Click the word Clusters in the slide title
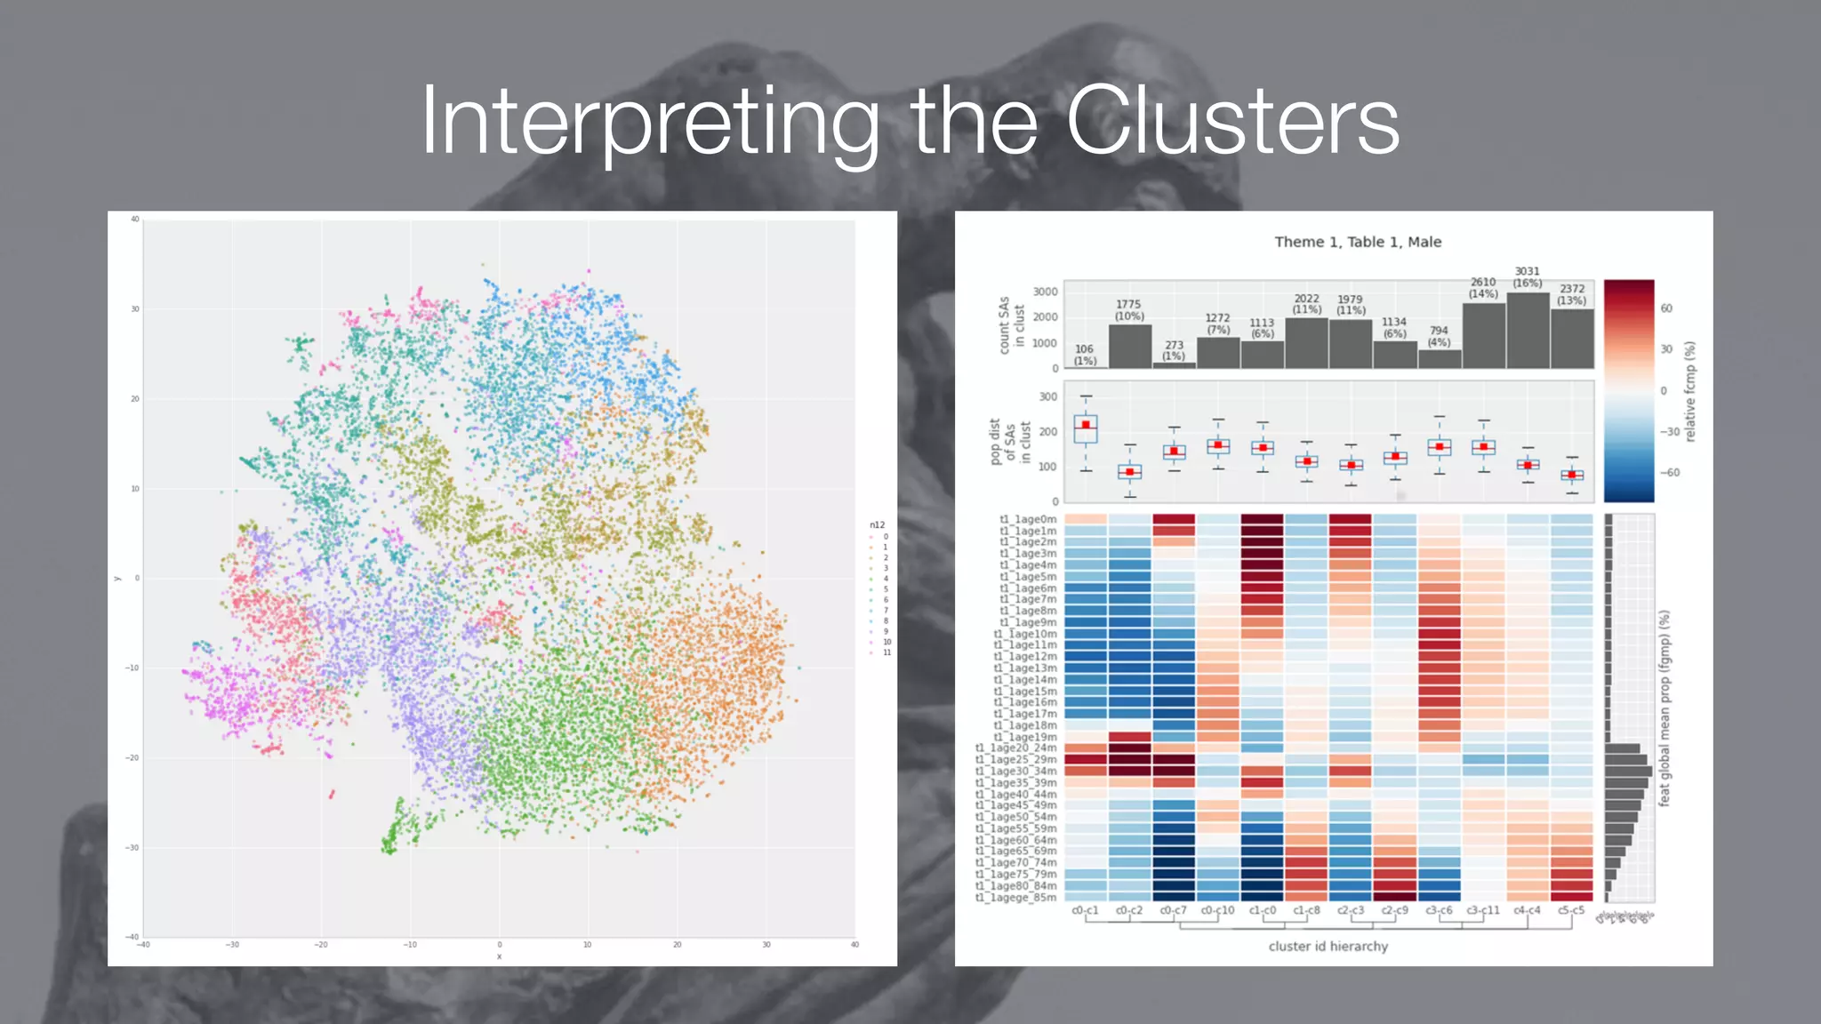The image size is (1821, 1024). pos(1232,121)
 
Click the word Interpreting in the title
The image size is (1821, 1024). pos(649,123)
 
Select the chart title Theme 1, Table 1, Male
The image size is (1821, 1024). pos(1358,242)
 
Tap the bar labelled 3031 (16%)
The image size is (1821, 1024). pos(1528,331)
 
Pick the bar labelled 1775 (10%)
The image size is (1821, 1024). pos(1130,347)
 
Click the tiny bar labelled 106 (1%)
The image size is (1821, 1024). pos(1086,366)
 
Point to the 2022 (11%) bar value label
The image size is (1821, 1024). pos(1306,304)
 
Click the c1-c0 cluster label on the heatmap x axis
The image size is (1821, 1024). pos(1262,910)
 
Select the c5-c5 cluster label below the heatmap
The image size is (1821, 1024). pos(1571,910)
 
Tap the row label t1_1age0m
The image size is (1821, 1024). pos(1028,519)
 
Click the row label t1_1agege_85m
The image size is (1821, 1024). pos(1016,898)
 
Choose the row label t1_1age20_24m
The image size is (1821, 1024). pos(1016,748)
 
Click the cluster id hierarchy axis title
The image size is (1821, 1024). pos(1328,946)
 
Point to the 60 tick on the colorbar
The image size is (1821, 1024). pos(1665,308)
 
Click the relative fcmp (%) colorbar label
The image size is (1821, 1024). pos(1690,391)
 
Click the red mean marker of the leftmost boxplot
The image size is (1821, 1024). pos(1086,425)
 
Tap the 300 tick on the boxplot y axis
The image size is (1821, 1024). pos(1048,396)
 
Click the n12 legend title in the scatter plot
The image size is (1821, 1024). pos(877,524)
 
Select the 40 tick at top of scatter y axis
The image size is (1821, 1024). pos(135,219)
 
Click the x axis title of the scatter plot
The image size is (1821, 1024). pos(499,956)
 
